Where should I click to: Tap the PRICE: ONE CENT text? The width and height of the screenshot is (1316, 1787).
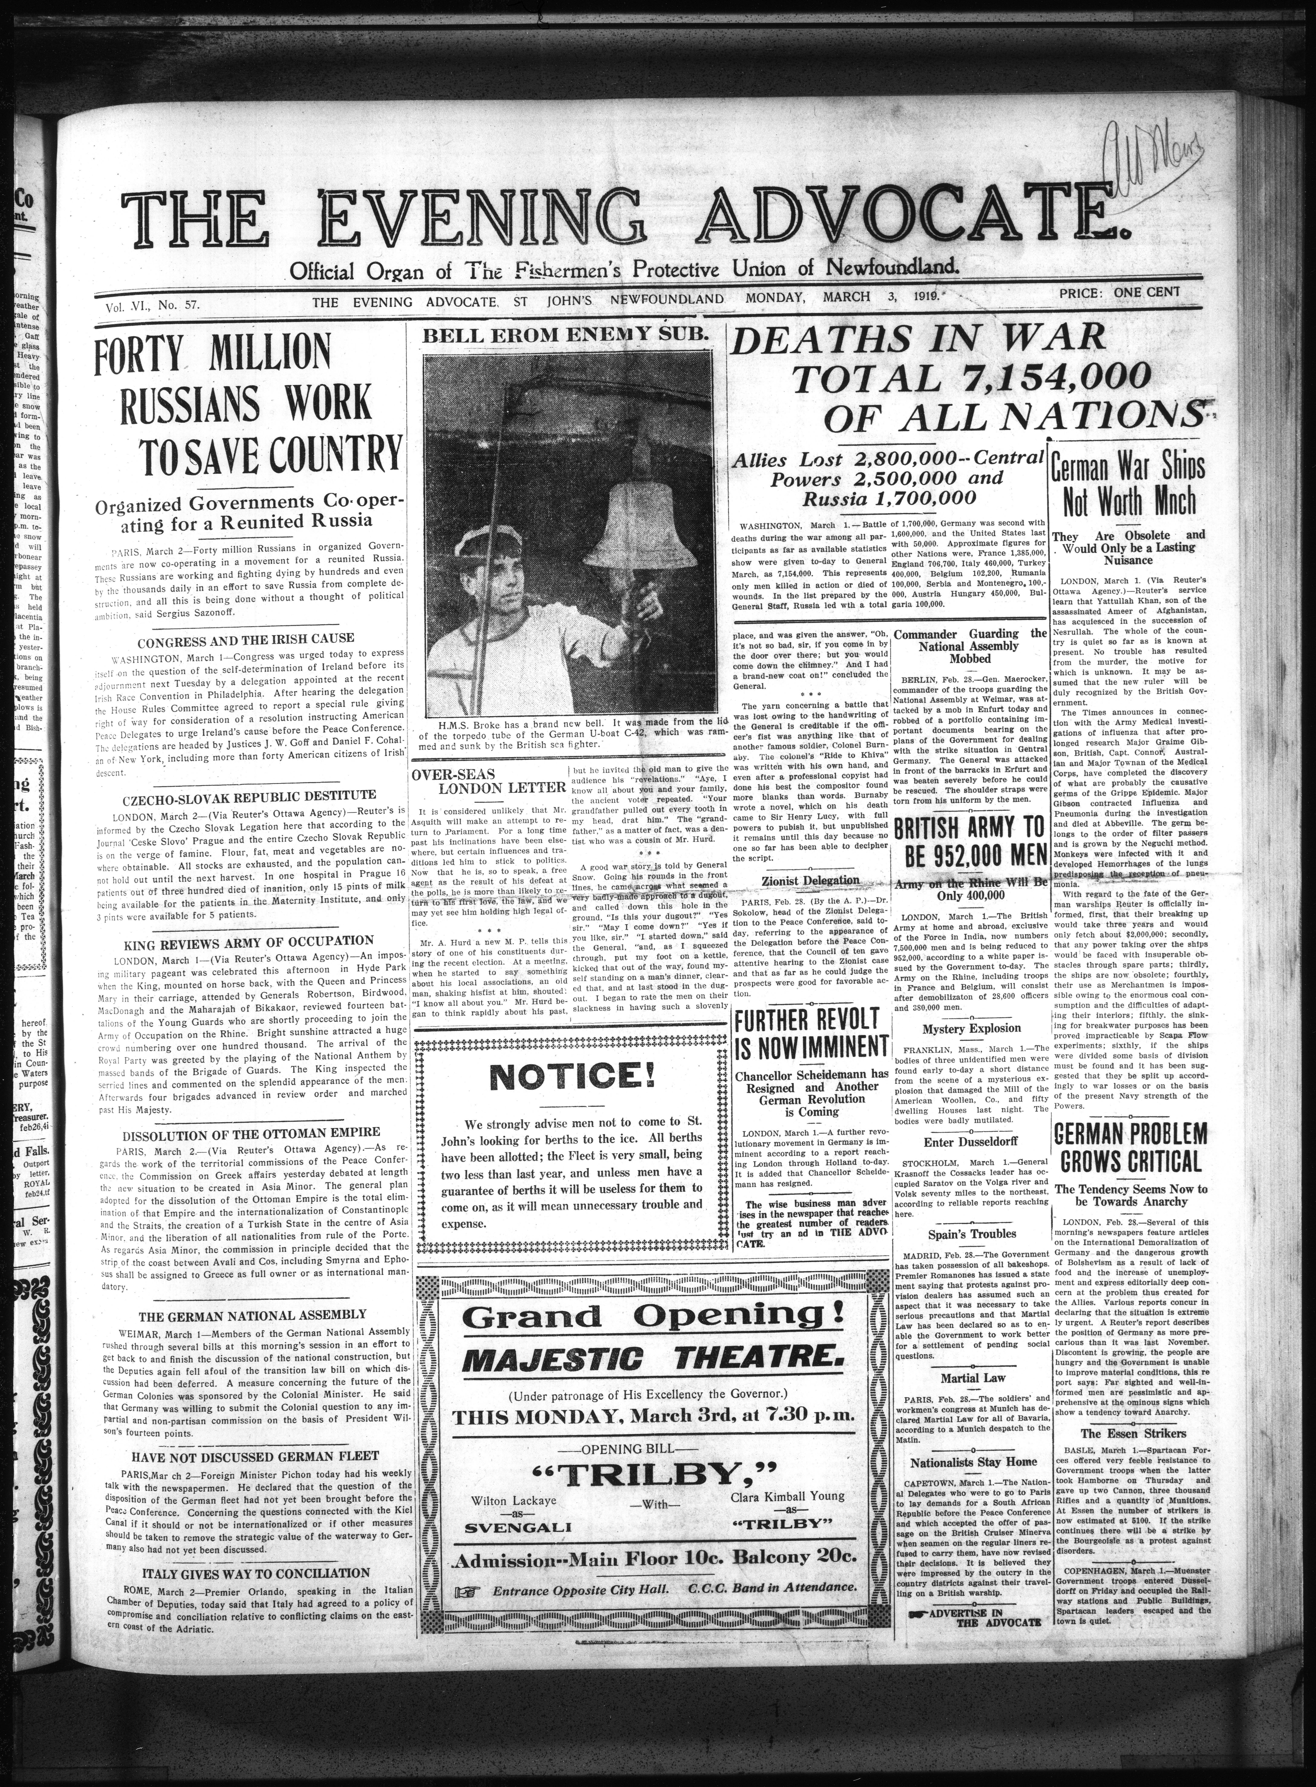1119,292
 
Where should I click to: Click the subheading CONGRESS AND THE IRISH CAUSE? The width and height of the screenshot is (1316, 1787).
246,639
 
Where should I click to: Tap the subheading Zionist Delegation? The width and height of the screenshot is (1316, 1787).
810,880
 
